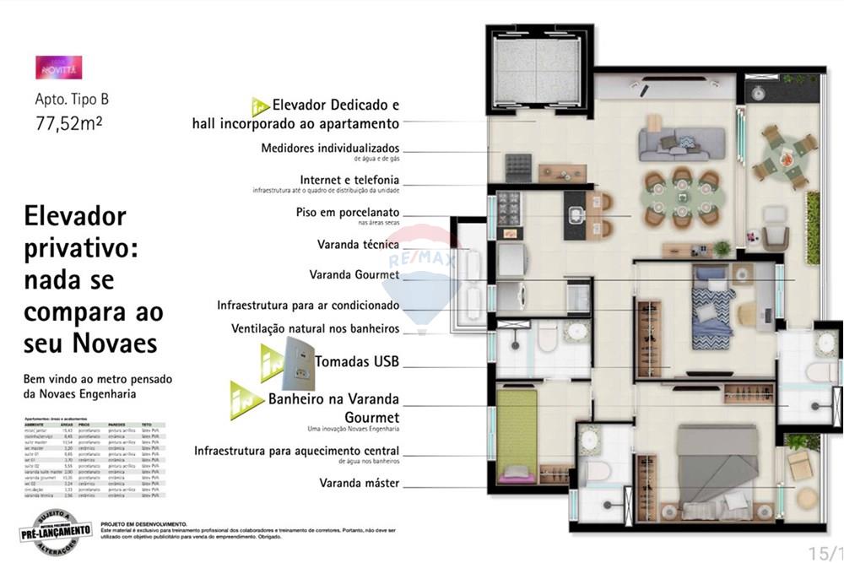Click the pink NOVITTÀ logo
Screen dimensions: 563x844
(x=58, y=68)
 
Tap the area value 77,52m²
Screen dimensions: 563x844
(x=68, y=123)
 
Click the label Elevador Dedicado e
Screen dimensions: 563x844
(x=335, y=106)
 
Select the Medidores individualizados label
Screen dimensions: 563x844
(x=330, y=149)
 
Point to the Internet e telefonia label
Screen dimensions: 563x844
(x=349, y=180)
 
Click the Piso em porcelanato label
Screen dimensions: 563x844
(x=348, y=212)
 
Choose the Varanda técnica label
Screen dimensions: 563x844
(x=358, y=244)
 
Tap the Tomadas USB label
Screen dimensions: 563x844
(x=356, y=361)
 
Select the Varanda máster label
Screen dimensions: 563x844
(x=359, y=483)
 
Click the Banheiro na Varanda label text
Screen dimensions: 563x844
(x=333, y=399)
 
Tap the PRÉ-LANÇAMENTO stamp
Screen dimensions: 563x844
(x=55, y=530)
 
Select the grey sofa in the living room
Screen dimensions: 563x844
(x=681, y=143)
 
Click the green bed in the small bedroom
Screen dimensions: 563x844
(x=517, y=436)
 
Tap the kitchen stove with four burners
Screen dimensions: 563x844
(x=508, y=207)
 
